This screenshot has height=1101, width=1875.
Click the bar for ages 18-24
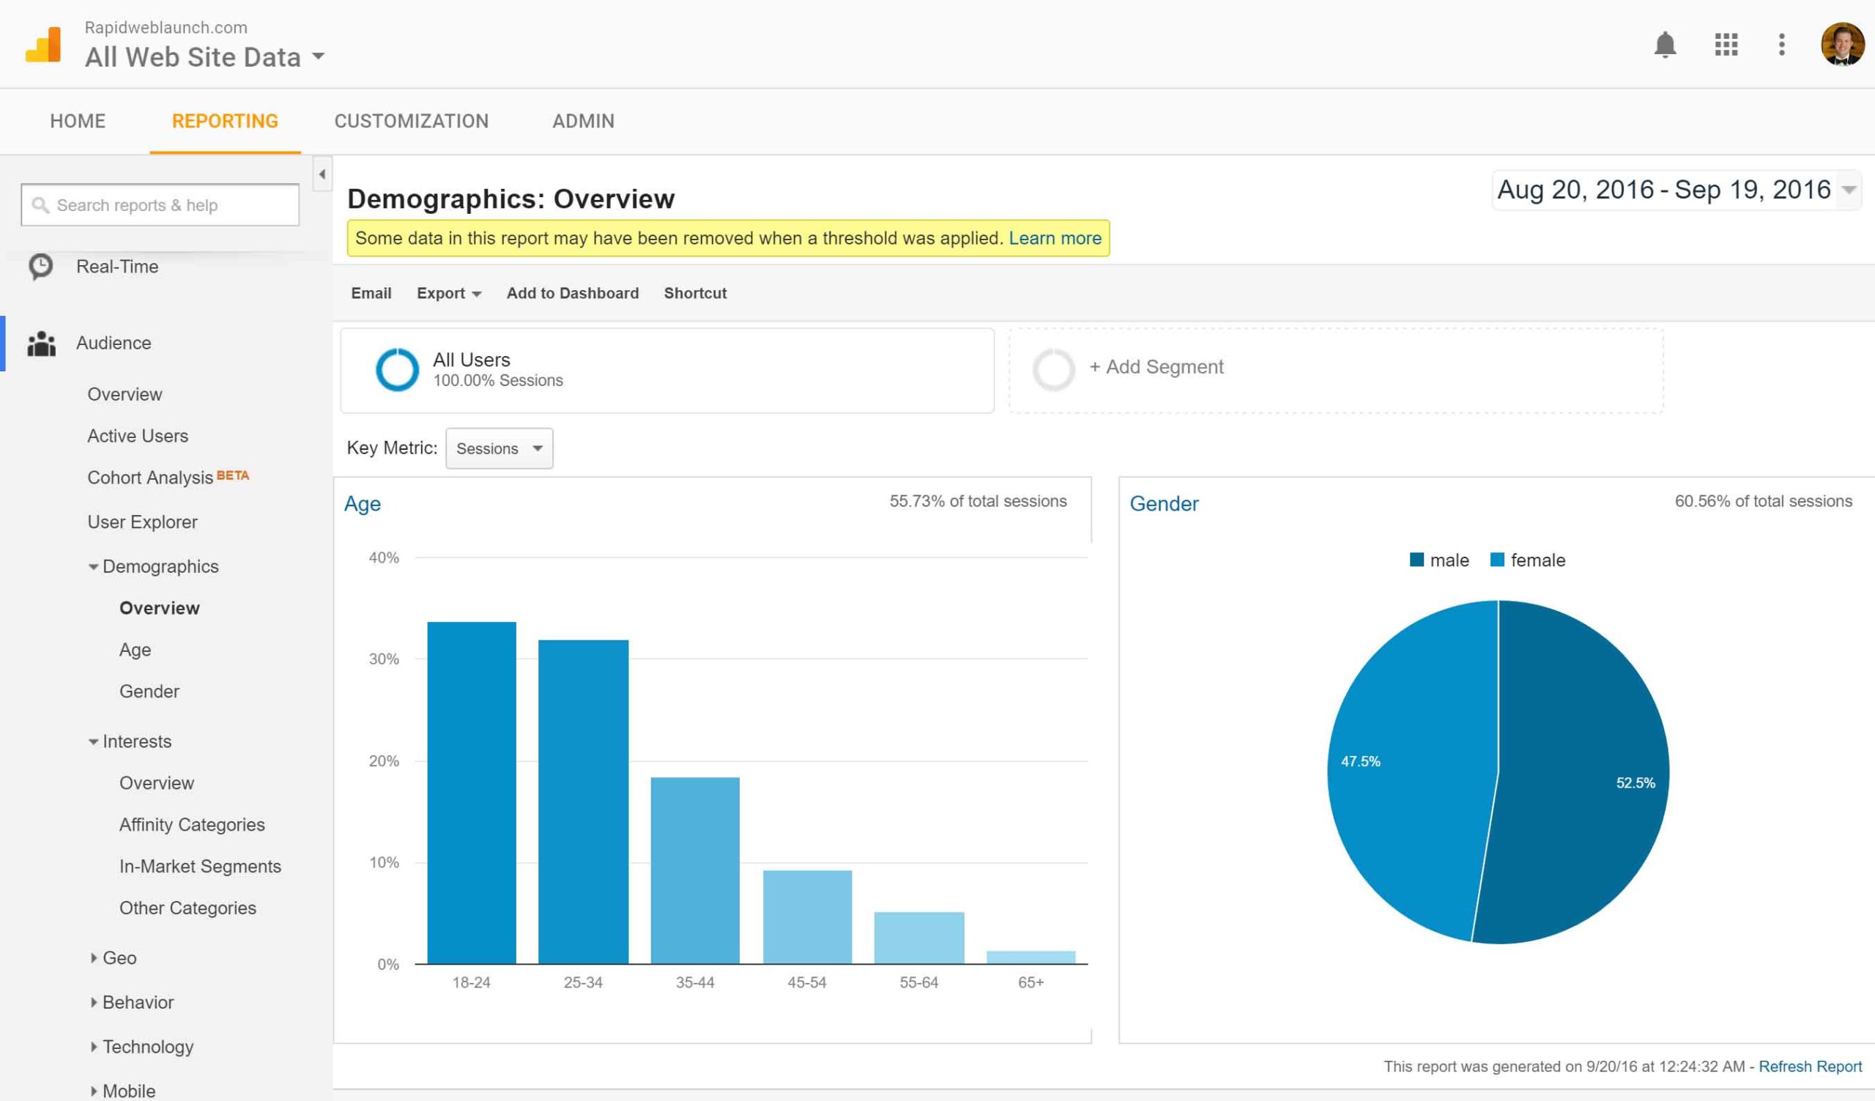tap(472, 793)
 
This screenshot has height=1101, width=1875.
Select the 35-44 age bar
tap(695, 870)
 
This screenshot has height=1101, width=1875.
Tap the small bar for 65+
tap(1031, 957)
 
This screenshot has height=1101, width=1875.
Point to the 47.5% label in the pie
tap(1360, 761)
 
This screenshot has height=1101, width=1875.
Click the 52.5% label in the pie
tap(1635, 782)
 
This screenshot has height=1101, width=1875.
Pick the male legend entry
tap(1439, 560)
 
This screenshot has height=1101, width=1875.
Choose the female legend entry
tap(1528, 560)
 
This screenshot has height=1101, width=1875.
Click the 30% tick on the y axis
tap(384, 659)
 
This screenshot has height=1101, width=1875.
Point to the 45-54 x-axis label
tap(806, 983)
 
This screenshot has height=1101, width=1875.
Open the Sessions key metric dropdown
tap(500, 448)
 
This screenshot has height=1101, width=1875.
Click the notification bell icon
tap(1666, 45)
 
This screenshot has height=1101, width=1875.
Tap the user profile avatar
tap(1842, 45)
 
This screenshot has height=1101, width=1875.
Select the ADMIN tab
tap(583, 122)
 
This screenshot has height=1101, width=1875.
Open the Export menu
tap(449, 293)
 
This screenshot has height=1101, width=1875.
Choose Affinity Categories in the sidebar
tap(192, 825)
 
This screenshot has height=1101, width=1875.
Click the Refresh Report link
tap(1810, 1067)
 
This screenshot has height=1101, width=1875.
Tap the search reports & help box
tap(160, 204)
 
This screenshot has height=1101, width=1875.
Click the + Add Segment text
tap(1156, 367)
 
